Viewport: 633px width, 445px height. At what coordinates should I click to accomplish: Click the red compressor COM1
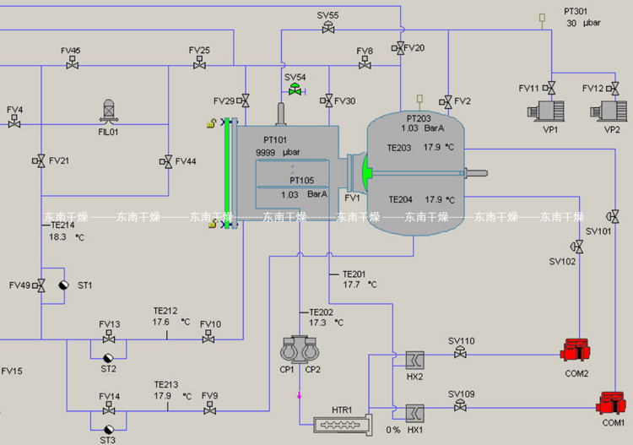pos(610,402)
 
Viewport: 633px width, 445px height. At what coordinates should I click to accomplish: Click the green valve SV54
pos(295,90)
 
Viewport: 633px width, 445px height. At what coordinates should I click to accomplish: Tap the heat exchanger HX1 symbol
pos(414,413)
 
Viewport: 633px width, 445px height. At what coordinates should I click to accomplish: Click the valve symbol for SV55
pos(328,29)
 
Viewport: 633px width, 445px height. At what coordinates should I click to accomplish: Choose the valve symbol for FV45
pos(72,64)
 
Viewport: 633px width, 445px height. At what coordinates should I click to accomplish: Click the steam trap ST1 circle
pos(64,286)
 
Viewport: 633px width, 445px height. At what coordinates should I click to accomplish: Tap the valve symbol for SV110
pos(461,354)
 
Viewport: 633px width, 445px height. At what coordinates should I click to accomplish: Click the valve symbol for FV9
pos(209,410)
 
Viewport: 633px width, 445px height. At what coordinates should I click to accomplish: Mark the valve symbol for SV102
pos(577,247)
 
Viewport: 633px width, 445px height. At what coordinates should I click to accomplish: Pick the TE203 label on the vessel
pos(399,148)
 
